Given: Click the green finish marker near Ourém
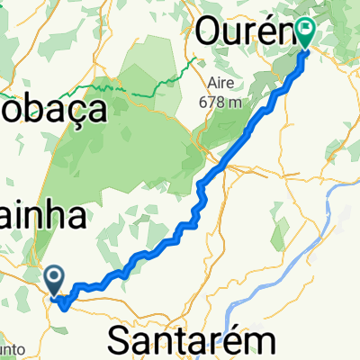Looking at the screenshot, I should [x=306, y=34].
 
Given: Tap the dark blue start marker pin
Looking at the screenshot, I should [x=54, y=280].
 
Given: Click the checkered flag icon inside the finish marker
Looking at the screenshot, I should [x=306, y=31].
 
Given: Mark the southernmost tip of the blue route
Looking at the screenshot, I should [x=63, y=306].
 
